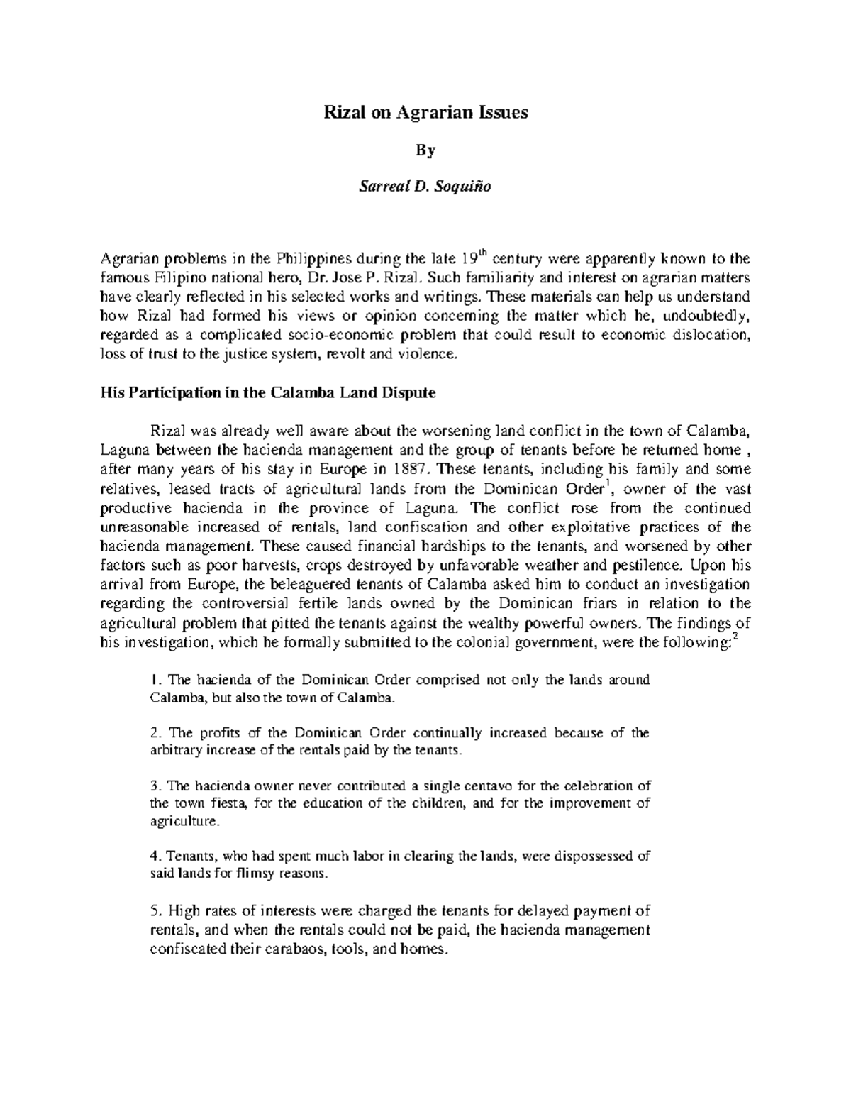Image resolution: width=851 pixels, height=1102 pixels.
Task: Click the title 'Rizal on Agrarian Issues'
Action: click(x=425, y=113)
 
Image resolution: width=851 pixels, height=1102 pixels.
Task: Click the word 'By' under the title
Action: click(x=425, y=150)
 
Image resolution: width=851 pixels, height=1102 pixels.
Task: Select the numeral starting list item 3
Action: click(x=154, y=786)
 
